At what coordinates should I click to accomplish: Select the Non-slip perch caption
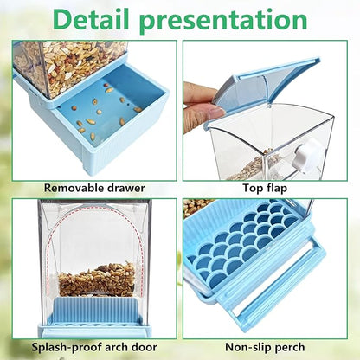tap(266, 347)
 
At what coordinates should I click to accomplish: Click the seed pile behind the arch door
tap(96, 279)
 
